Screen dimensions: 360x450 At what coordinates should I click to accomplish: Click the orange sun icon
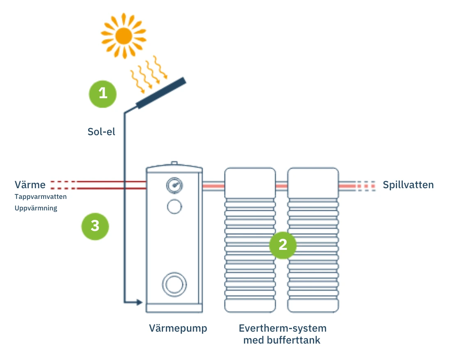pyautogui.click(x=123, y=36)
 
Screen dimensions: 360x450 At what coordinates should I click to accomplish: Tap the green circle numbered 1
pyautogui.click(x=103, y=94)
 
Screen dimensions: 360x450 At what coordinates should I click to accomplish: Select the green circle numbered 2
pyautogui.click(x=282, y=245)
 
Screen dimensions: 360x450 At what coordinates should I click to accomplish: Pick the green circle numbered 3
pyautogui.click(x=95, y=226)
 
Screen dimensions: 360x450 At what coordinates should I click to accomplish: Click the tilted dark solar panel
pyautogui.click(x=161, y=93)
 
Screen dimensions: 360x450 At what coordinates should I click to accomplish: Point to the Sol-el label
pyautogui.click(x=101, y=132)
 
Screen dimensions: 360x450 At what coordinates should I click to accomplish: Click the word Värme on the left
pyautogui.click(x=30, y=185)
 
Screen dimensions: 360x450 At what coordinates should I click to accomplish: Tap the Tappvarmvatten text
pyautogui.click(x=41, y=196)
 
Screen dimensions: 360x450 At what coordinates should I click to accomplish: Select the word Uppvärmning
pyautogui.click(x=36, y=208)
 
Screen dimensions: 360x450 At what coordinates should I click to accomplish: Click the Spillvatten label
pyautogui.click(x=408, y=185)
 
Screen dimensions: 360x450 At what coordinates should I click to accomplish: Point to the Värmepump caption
pyautogui.click(x=178, y=328)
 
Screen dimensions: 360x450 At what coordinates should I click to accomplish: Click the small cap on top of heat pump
pyautogui.click(x=174, y=163)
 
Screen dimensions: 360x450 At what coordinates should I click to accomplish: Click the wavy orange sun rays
pyautogui.click(x=149, y=73)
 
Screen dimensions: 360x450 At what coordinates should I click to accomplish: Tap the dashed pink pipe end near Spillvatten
pyautogui.click(x=365, y=186)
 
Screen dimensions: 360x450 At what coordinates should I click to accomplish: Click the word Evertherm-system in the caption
pyautogui.click(x=282, y=328)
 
